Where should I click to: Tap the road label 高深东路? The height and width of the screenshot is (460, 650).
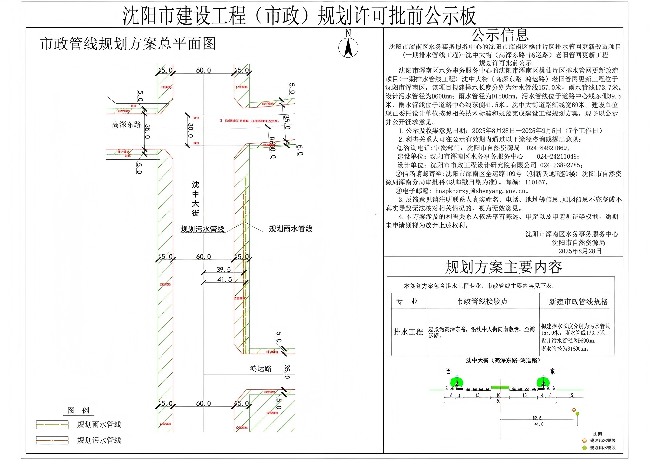coord(126,125)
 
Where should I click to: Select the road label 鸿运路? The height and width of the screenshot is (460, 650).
coord(260,369)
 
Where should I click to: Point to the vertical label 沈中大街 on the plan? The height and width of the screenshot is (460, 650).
coord(195,199)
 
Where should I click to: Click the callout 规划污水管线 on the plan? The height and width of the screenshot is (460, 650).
coord(202,229)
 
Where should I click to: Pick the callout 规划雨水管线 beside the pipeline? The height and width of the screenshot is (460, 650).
coord(290,229)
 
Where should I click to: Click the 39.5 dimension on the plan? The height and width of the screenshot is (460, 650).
coord(223,270)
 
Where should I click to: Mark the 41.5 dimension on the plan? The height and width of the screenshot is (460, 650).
coord(224,280)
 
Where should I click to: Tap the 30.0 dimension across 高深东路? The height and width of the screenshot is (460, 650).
coord(191,131)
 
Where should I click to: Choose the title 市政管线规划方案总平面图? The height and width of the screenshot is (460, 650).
coord(128,44)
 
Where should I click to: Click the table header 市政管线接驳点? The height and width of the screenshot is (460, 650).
coord(482,301)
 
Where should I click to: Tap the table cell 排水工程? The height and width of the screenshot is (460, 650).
coord(408,332)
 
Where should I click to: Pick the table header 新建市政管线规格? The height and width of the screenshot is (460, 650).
coord(578,302)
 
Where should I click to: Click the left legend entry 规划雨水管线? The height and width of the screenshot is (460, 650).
coord(99,424)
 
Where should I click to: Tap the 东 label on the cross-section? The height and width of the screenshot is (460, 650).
coord(552,372)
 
